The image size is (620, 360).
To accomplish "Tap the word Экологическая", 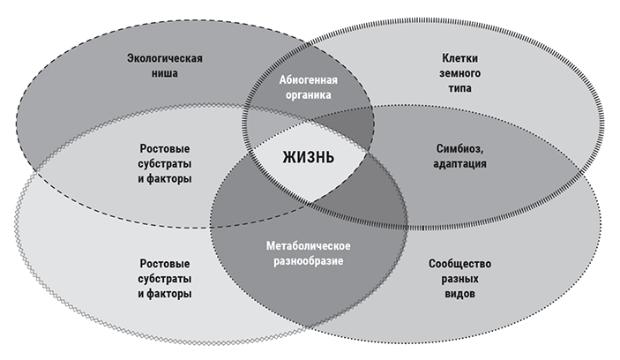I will coord(165,60).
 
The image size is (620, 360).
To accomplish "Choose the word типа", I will coord(459,89).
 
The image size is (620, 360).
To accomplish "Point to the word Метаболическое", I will coord(308,246).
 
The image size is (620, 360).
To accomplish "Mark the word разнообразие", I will coord(308,261).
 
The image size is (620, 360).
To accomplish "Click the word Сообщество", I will coord(459,264).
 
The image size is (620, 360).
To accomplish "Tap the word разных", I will coord(459,279).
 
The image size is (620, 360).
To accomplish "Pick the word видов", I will coord(459,293).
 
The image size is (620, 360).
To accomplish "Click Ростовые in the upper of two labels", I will coord(166,148).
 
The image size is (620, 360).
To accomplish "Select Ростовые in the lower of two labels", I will coord(166,264).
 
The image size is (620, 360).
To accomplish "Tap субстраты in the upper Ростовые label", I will coord(166,163).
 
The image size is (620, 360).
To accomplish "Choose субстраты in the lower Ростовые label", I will coord(166,279).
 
